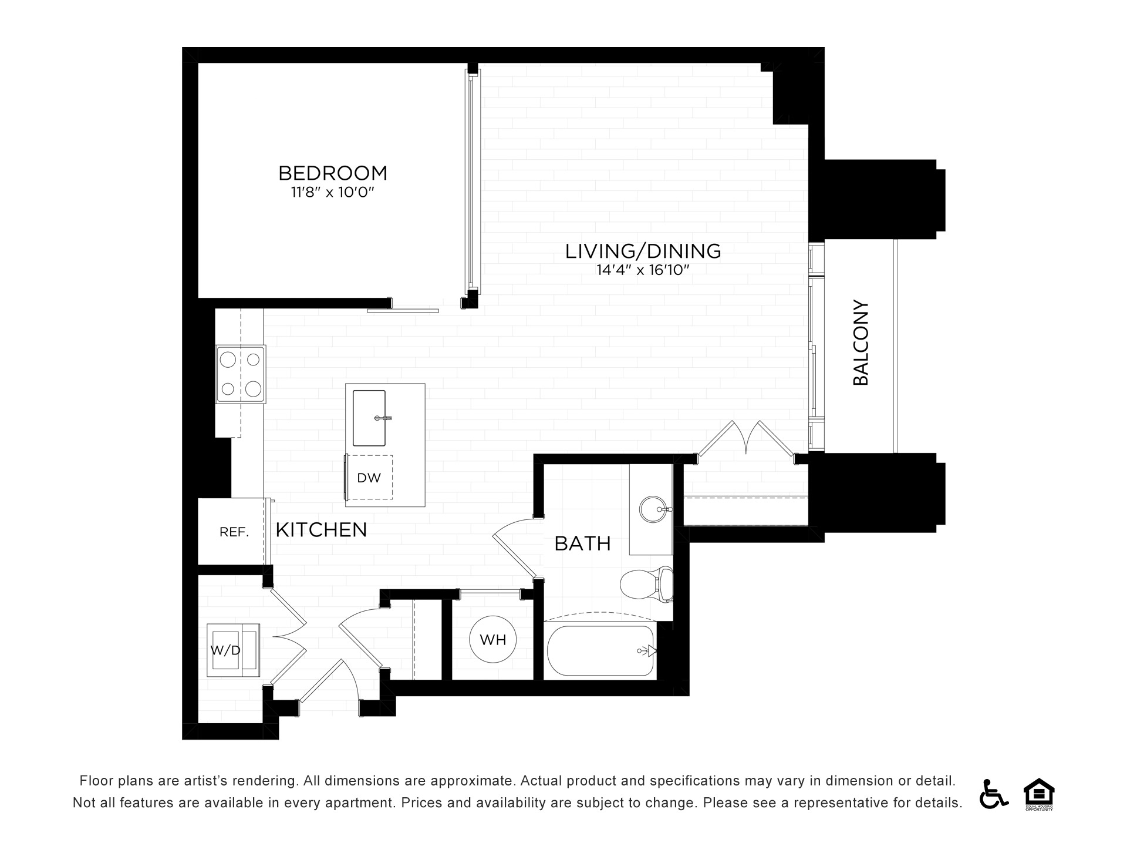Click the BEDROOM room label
333,173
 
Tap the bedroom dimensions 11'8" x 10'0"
333,193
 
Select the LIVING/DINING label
643,251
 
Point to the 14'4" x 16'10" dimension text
643,270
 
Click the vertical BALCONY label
861,343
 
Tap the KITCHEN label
321,530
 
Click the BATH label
582,544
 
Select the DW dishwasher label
369,478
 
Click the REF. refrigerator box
231,532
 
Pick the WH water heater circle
493,639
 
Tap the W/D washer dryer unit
233,650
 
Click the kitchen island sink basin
369,418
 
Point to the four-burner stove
241,374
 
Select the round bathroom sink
652,509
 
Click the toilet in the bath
647,584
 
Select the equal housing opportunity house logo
1038,794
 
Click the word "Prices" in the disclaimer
421,803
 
